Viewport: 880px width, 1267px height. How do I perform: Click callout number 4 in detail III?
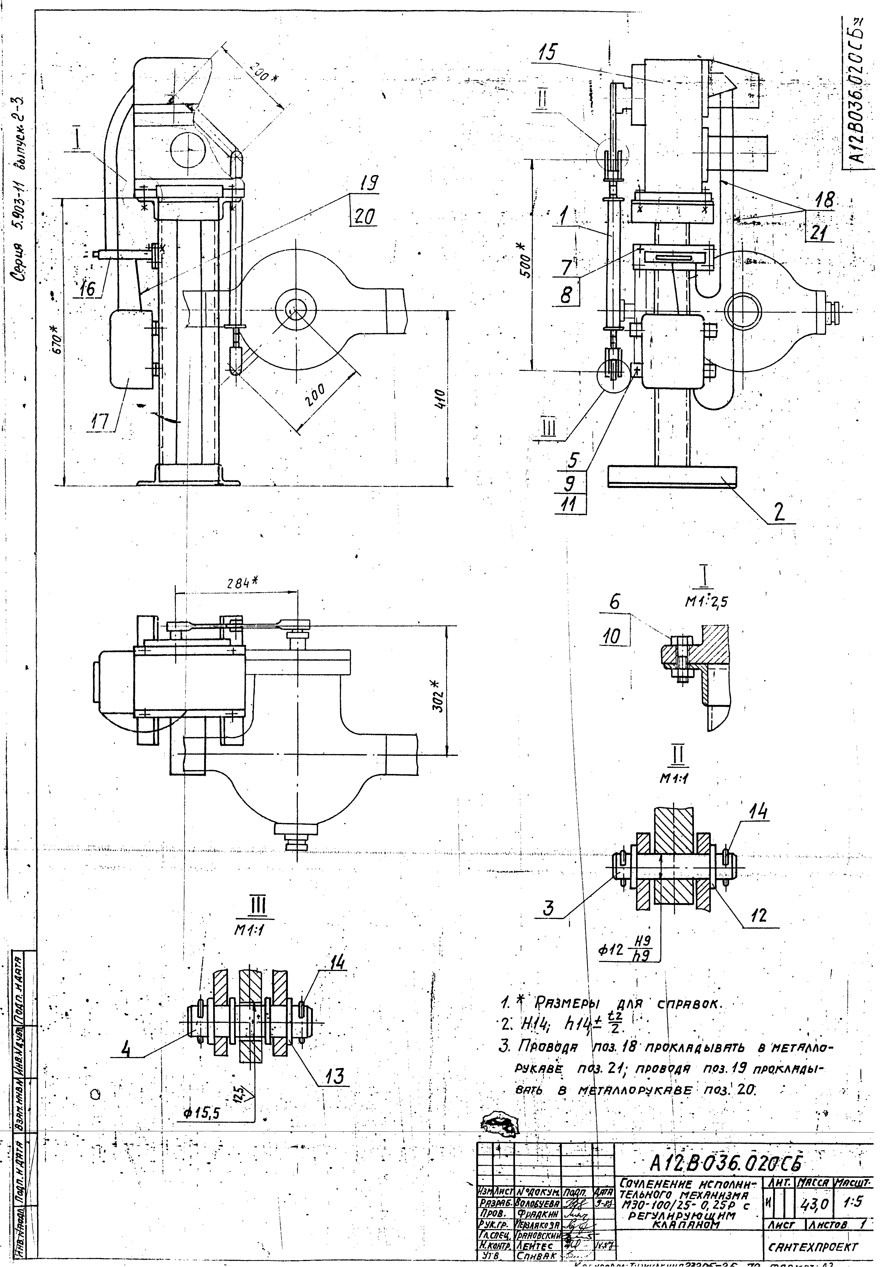pos(126,1050)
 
